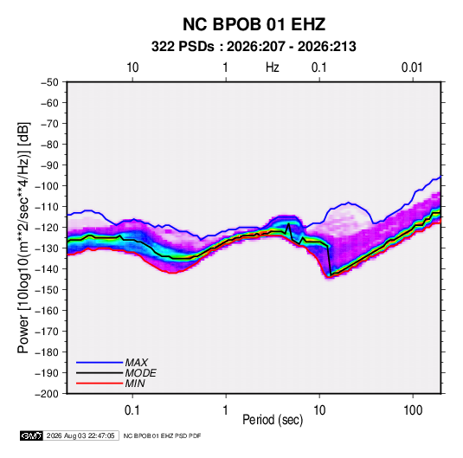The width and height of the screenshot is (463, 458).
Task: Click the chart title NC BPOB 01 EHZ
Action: pos(254,24)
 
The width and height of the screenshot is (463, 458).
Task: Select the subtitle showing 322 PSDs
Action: pos(254,47)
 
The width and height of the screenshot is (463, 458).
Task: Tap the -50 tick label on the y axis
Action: pos(49,82)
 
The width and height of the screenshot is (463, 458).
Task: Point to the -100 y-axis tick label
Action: pos(47,186)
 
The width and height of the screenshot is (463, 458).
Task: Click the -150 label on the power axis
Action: pos(47,290)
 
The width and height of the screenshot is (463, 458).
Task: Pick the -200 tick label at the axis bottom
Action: pos(47,394)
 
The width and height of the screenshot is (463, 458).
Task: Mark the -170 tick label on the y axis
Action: pos(47,332)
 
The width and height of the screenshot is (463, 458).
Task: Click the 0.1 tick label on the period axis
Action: pos(132,410)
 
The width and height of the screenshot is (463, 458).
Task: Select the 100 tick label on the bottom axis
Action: pos(413,410)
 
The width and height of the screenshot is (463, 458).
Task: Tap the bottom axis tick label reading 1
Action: pos(226,410)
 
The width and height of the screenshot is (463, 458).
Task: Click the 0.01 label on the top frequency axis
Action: pos(412,68)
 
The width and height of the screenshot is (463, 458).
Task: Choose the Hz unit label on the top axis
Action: pos(273,68)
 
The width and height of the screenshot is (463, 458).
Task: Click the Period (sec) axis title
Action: pos(273,420)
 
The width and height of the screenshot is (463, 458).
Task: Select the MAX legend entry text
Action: pos(137,363)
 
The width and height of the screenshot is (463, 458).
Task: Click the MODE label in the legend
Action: pos(141,373)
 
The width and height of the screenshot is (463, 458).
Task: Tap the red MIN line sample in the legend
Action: pos(100,384)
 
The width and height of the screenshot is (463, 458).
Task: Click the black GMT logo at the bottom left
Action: pos(32,435)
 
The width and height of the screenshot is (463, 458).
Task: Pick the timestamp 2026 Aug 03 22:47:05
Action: pos(80,435)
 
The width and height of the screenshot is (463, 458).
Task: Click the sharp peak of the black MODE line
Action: pos(289,223)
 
